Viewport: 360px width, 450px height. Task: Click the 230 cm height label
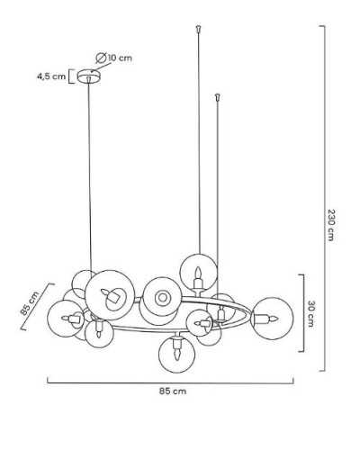[330, 225]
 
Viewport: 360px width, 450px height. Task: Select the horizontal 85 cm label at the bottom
[173, 391]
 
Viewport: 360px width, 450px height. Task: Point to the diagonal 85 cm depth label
[30, 303]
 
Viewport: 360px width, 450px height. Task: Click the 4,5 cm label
[51, 76]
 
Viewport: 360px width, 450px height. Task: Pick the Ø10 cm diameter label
[114, 58]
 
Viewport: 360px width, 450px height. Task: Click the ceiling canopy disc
[89, 76]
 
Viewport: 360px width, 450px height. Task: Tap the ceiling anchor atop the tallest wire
[198, 29]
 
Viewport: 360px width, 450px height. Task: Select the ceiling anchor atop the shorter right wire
[218, 97]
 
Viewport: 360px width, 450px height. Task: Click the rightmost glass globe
[272, 319]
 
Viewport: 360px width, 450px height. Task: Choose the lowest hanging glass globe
[176, 355]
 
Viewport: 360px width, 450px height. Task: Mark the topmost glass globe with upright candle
[198, 273]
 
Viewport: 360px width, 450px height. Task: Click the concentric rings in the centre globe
[163, 298]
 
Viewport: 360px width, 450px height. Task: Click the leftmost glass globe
[66, 319]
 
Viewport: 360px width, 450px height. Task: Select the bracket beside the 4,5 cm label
[71, 76]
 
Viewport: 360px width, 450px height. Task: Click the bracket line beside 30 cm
[302, 313]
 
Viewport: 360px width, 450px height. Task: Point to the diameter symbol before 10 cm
[101, 58]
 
